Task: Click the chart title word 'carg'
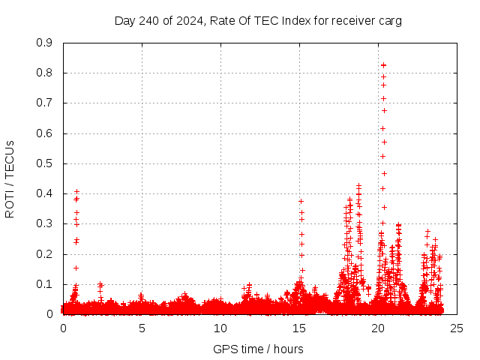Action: coord(389,21)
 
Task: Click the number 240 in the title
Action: coord(148,21)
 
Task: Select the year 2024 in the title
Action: coord(187,21)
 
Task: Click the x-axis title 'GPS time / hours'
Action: coord(259,349)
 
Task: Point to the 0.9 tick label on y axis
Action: coord(45,43)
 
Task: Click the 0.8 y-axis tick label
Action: coord(45,73)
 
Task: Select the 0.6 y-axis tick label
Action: coord(45,133)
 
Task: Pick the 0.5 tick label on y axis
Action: coord(45,163)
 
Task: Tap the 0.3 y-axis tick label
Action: coord(45,223)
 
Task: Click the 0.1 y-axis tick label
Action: coord(45,284)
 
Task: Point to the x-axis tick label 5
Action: coord(142,328)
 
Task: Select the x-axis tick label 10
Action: coord(220,328)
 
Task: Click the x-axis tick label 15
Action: coord(299,328)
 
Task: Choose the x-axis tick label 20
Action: coord(378,328)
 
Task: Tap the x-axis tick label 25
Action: coord(457,328)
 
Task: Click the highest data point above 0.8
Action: coord(383,65)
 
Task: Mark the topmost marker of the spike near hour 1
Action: coord(76,191)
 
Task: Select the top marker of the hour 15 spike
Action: coord(301,201)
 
